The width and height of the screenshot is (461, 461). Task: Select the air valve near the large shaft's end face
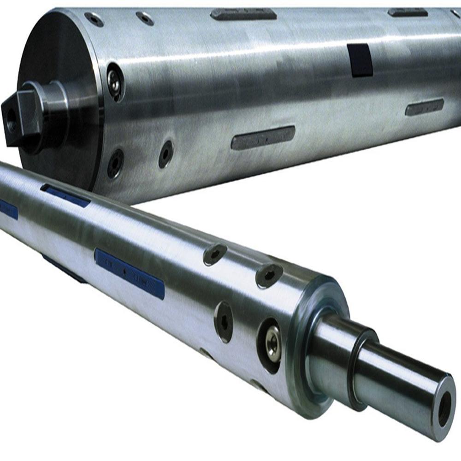pyautogui.click(x=114, y=82)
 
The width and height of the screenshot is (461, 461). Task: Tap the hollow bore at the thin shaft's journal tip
pyautogui.click(x=445, y=406)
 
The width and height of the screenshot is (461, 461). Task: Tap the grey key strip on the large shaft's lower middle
pyautogui.click(x=263, y=137)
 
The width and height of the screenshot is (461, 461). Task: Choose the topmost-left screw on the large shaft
pyautogui.click(x=94, y=19)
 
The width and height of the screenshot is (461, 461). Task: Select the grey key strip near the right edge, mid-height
pyautogui.click(x=424, y=106)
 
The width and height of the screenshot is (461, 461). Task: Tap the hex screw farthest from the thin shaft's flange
pyautogui.click(x=215, y=254)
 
